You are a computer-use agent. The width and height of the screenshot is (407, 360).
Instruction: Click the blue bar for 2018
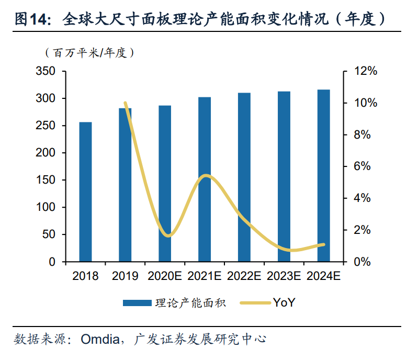point(85,192)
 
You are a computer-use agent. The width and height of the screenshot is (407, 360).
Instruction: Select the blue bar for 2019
point(125,185)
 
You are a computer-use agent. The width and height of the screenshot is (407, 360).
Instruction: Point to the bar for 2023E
point(284,176)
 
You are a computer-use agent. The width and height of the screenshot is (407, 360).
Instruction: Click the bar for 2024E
point(324,176)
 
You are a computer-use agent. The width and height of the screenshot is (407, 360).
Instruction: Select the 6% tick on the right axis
point(363,166)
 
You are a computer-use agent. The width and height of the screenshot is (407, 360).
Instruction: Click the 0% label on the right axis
point(363,262)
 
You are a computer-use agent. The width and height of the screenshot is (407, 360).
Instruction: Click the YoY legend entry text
point(284,302)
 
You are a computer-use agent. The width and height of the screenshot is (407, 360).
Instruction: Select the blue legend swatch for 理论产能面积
point(137,303)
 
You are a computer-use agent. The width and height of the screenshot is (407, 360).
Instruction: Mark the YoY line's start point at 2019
point(125,103)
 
